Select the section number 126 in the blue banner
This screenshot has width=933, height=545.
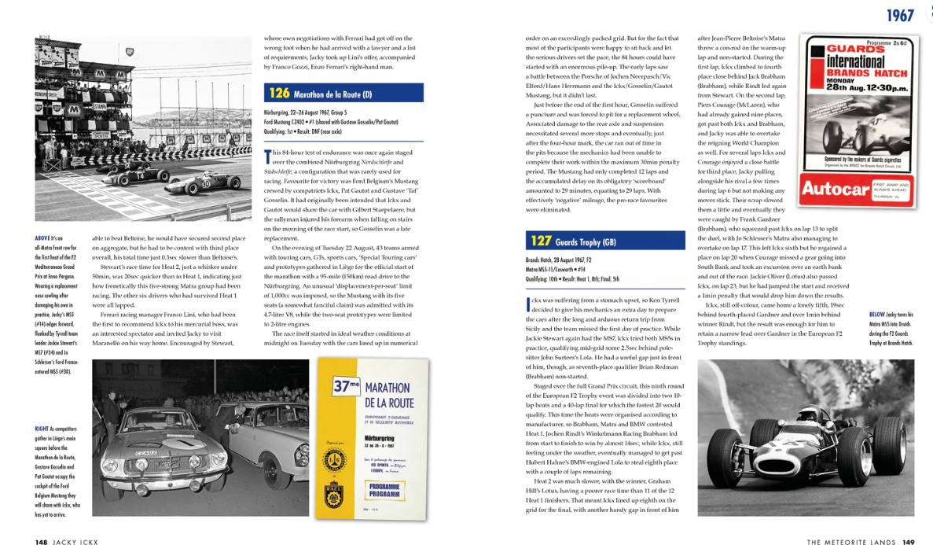click(x=280, y=94)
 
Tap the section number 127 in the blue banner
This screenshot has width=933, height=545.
click(x=540, y=240)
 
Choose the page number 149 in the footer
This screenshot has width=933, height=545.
click(x=909, y=541)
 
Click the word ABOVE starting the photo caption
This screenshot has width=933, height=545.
click(x=43, y=238)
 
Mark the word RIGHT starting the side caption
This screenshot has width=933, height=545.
click(x=43, y=429)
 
